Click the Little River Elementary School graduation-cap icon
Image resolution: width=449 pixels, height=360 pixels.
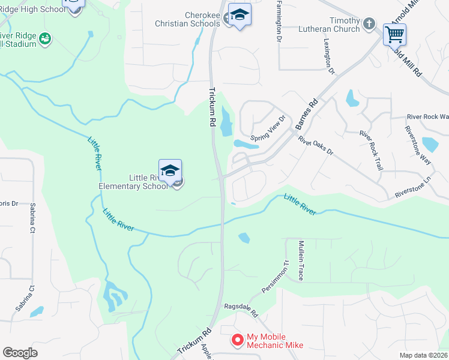tap(170, 171)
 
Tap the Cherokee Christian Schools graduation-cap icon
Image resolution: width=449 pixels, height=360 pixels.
tap(240, 16)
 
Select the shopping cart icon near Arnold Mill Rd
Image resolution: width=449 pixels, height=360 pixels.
tap(394, 35)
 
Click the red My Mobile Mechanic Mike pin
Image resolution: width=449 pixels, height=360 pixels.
tap(237, 340)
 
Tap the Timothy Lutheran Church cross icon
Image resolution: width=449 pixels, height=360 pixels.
tap(369, 25)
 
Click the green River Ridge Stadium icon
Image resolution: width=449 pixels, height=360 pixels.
tap(44, 39)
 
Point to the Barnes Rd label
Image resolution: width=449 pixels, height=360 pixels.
tap(306, 115)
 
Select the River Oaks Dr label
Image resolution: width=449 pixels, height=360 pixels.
tap(315, 145)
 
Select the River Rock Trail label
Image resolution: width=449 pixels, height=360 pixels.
tap(370, 150)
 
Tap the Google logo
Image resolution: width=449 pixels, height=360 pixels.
tap(20, 353)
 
